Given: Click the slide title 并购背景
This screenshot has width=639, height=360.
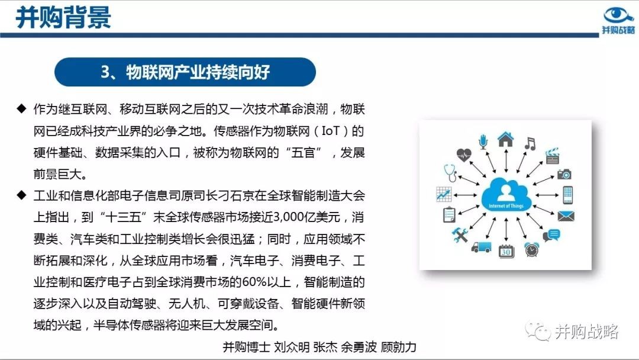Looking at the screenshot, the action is pos(63,17).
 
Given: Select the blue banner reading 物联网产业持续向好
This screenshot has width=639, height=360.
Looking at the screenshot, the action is pos(185,72).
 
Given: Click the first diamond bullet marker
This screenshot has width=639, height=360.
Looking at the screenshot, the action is pos(21,108).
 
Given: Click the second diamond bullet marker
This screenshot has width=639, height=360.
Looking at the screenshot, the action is pos(21,195).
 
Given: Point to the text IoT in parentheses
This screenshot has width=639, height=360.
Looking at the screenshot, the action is pos(330,131).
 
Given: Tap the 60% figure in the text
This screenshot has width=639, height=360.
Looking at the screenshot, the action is pos(254,282).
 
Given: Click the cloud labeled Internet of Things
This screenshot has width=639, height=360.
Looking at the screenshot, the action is pos(506,194).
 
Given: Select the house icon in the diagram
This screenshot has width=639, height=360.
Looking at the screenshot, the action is pos(506,139).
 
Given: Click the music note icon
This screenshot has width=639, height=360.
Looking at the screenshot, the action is pos(530,144).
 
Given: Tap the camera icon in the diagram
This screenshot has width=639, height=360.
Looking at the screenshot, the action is pos(564,174).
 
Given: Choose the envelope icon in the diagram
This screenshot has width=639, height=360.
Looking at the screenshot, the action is pos(566,216).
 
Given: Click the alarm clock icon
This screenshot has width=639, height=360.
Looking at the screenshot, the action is pos(532,249).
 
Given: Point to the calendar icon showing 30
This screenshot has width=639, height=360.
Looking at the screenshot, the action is pos(506,250).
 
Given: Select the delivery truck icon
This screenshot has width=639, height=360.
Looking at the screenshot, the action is pos(481,247).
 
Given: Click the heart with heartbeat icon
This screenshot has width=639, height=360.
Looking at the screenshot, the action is pos(464,155).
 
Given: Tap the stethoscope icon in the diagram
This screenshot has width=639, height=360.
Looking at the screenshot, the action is pos(450,173).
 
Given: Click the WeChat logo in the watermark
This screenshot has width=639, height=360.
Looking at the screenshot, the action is pos(537,331).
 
